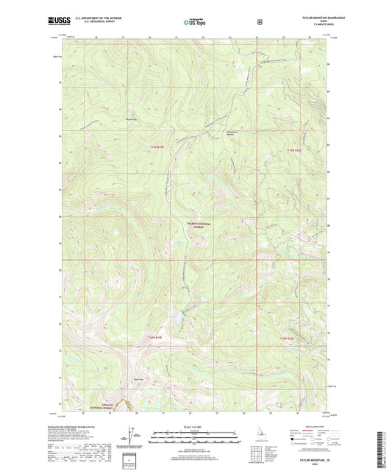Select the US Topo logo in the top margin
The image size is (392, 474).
195,23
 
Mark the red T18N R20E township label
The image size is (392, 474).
292,337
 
